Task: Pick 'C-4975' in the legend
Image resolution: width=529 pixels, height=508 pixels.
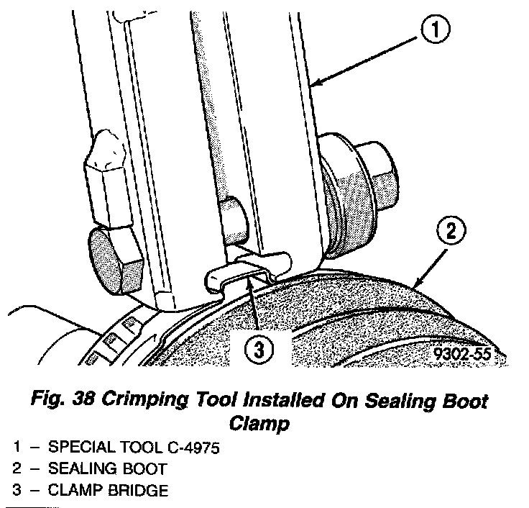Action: (x=188, y=448)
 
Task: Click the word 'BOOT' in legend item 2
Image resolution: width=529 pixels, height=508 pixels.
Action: (x=143, y=469)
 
